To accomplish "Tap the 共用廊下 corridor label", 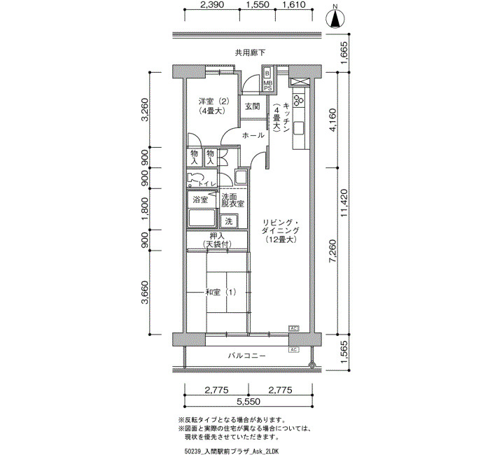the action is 250,52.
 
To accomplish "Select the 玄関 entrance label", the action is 252,106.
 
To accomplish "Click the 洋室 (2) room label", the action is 214,101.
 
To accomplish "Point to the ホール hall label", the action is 253,135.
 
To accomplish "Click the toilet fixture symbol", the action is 194,180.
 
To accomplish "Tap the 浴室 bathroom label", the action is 200,199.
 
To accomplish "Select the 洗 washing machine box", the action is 229,222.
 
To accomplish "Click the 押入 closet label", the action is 217,237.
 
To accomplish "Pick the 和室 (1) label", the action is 220,293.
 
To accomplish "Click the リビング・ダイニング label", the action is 281,227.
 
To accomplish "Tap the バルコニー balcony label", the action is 247,356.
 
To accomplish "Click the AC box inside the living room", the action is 294,328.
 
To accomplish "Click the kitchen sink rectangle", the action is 298,128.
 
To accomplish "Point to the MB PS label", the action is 268,85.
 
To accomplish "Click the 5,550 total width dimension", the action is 248,401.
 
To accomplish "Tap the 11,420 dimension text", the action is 344,204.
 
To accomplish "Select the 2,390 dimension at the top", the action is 212,5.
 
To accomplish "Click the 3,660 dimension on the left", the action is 146,292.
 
